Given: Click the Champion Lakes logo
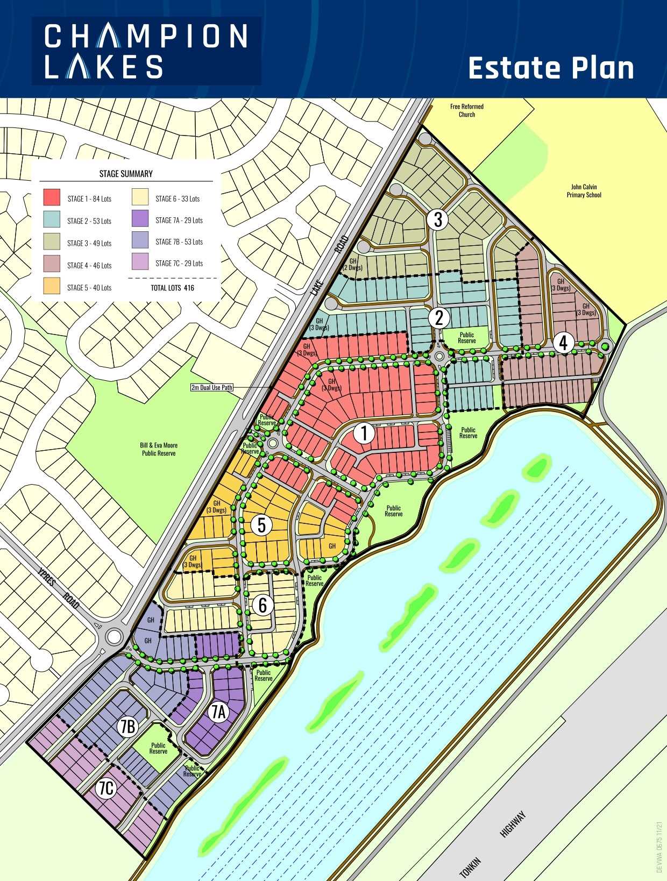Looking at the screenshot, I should click(x=146, y=51).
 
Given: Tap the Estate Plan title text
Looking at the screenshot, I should click(x=551, y=68).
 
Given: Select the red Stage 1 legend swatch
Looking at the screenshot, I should click(x=52, y=198).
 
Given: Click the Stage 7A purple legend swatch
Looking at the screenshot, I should click(x=140, y=219).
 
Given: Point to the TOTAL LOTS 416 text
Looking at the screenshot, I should click(x=172, y=288).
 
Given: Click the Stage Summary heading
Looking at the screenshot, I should click(x=126, y=174).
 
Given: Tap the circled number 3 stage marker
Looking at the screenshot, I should click(x=438, y=219).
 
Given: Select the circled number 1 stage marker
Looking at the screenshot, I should click(x=364, y=433).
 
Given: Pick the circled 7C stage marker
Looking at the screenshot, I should click(x=107, y=788).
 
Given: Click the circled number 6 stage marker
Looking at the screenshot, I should click(x=262, y=605).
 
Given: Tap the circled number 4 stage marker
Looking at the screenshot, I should click(x=563, y=343).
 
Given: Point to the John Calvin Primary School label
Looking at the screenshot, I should click(x=584, y=191).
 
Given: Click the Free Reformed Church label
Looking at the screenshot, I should click(x=467, y=110).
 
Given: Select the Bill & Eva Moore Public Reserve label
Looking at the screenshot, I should click(x=159, y=449).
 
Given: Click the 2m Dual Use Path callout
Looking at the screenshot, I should click(x=212, y=387).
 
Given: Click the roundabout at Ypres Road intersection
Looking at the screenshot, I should click(x=114, y=637).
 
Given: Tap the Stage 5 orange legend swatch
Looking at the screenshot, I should click(x=52, y=287).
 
